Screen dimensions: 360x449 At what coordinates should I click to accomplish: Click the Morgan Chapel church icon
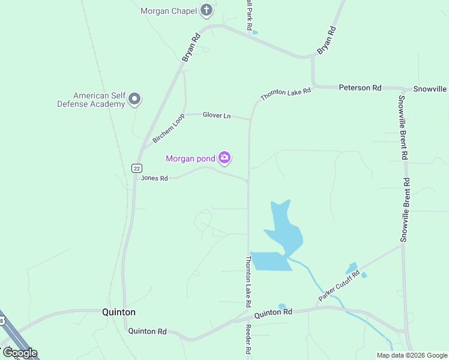coord(207,10)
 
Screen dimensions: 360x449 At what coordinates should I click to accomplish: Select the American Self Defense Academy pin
coord(134,99)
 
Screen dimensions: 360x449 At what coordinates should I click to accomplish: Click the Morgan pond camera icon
coord(224,158)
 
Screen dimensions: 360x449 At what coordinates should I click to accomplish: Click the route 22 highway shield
coord(137,169)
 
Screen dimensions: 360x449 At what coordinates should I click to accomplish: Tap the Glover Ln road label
coord(217,115)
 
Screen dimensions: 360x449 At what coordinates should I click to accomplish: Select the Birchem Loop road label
coord(169,129)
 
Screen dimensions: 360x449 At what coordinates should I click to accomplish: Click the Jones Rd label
coord(154,178)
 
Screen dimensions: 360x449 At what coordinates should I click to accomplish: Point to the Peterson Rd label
coord(360,88)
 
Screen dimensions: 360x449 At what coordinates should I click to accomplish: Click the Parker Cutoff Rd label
coord(339,285)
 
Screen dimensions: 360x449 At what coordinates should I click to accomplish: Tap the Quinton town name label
coord(119,312)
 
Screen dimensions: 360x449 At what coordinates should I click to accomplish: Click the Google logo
coord(20,352)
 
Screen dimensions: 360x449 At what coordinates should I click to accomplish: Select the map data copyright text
coord(412,355)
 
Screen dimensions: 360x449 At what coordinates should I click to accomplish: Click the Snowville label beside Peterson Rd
coord(430,89)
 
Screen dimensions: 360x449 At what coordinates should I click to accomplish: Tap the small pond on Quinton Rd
coord(282,307)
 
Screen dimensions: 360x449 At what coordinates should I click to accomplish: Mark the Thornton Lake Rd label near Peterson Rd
coord(286,94)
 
